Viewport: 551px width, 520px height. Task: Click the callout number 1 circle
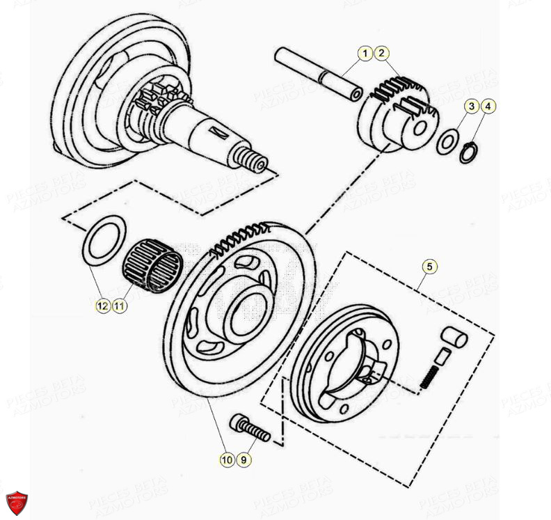click(x=365, y=53)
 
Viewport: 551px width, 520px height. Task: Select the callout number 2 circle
click(x=381, y=53)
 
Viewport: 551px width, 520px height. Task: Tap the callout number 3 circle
click(x=472, y=107)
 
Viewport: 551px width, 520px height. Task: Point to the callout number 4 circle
click(x=489, y=107)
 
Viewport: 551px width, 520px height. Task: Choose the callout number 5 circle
click(x=430, y=266)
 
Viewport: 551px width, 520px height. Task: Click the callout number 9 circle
click(x=243, y=459)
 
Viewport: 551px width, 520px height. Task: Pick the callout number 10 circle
click(x=226, y=459)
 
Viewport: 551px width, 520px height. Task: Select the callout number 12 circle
click(x=102, y=306)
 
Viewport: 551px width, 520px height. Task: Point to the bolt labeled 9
click(x=250, y=427)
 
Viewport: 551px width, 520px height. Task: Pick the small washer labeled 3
click(x=446, y=143)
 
